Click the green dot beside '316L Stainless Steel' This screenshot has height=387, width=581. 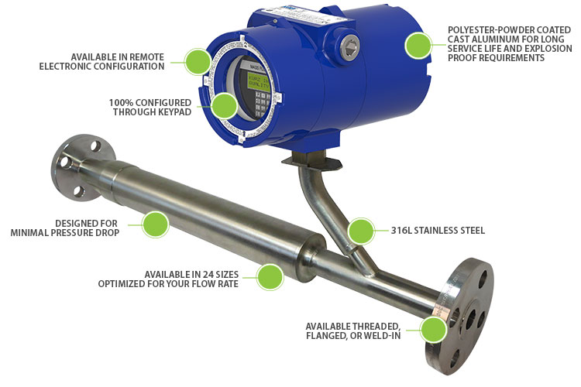point(361,231)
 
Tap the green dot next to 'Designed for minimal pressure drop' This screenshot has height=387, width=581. point(156,224)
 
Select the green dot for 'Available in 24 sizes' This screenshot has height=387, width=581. point(270,276)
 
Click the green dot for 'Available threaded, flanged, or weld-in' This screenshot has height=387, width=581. point(434,329)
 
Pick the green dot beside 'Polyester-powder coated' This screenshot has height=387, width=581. point(418,45)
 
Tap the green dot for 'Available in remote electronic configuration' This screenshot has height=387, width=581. point(198,61)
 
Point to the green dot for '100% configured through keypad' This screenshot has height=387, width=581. point(224,105)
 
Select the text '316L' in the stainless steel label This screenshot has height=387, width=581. point(401,231)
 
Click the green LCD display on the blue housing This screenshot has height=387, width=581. point(259,82)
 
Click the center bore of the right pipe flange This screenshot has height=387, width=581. point(470,319)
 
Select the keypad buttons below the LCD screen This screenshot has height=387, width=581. point(261,104)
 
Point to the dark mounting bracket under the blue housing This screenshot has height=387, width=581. point(311,161)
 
